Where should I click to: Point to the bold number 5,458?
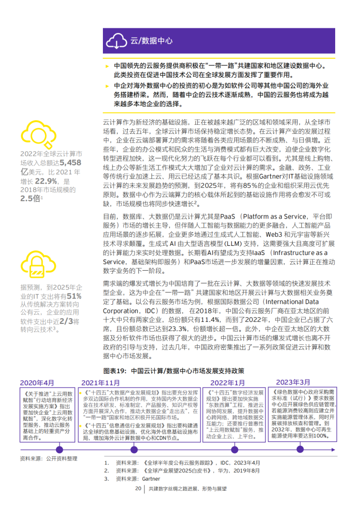(x=69, y=162)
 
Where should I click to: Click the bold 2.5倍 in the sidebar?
(x=31, y=198)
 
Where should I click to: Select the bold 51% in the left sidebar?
(x=74, y=296)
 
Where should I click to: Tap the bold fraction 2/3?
(x=66, y=322)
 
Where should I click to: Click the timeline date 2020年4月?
(x=37, y=382)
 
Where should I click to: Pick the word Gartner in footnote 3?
(x=151, y=478)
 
